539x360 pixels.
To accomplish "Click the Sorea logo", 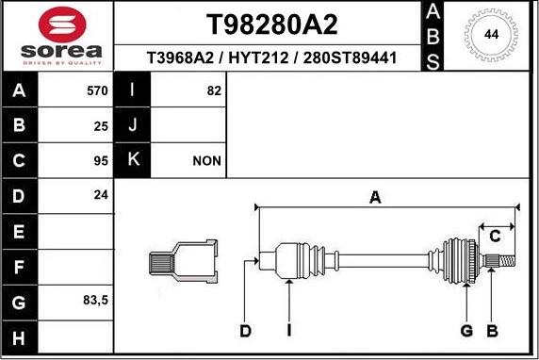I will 57,36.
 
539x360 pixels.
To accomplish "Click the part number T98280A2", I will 270,24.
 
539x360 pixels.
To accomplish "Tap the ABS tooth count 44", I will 491,35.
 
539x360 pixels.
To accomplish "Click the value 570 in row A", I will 97,91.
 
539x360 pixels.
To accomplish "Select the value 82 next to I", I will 213,91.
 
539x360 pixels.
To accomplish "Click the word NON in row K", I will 206,161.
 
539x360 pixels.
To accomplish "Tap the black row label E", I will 20,231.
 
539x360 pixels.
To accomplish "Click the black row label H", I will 20,336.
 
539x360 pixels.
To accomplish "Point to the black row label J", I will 133,126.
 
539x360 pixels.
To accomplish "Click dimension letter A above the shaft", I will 375,197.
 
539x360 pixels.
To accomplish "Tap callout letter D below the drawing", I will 245,331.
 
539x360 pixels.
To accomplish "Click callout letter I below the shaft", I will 289,331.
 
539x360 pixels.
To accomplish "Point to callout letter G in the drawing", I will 465,331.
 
